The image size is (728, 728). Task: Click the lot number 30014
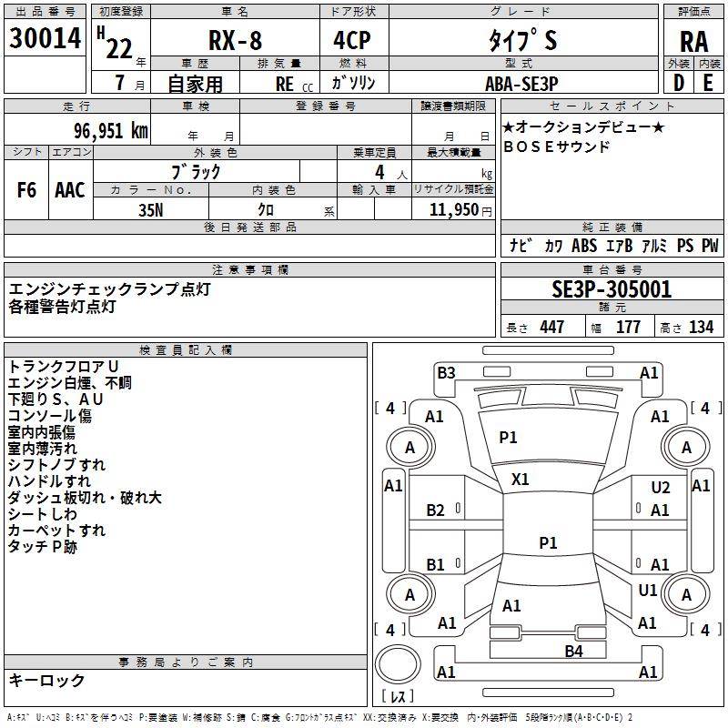click(x=45, y=37)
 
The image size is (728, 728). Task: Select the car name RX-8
click(x=235, y=40)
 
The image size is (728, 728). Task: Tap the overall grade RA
click(x=694, y=42)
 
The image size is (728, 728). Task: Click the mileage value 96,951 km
click(x=111, y=131)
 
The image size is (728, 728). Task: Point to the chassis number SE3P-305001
click(x=612, y=289)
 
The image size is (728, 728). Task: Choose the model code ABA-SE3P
click(x=521, y=84)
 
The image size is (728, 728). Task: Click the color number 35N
click(x=151, y=210)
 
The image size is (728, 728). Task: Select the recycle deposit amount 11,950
click(x=454, y=210)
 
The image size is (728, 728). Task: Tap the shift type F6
click(x=26, y=190)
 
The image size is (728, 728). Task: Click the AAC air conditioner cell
click(x=70, y=190)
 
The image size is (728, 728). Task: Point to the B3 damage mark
click(x=446, y=373)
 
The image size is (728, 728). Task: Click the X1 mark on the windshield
click(x=520, y=480)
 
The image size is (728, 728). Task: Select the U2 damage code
click(x=661, y=488)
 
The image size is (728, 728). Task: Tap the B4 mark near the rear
click(x=573, y=652)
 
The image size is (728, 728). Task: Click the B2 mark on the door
click(x=435, y=511)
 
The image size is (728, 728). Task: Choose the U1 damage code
click(x=647, y=591)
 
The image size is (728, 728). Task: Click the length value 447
click(x=552, y=327)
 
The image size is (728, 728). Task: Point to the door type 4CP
click(x=352, y=40)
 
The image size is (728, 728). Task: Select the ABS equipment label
click(x=584, y=245)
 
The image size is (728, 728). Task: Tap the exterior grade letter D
click(x=679, y=83)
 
